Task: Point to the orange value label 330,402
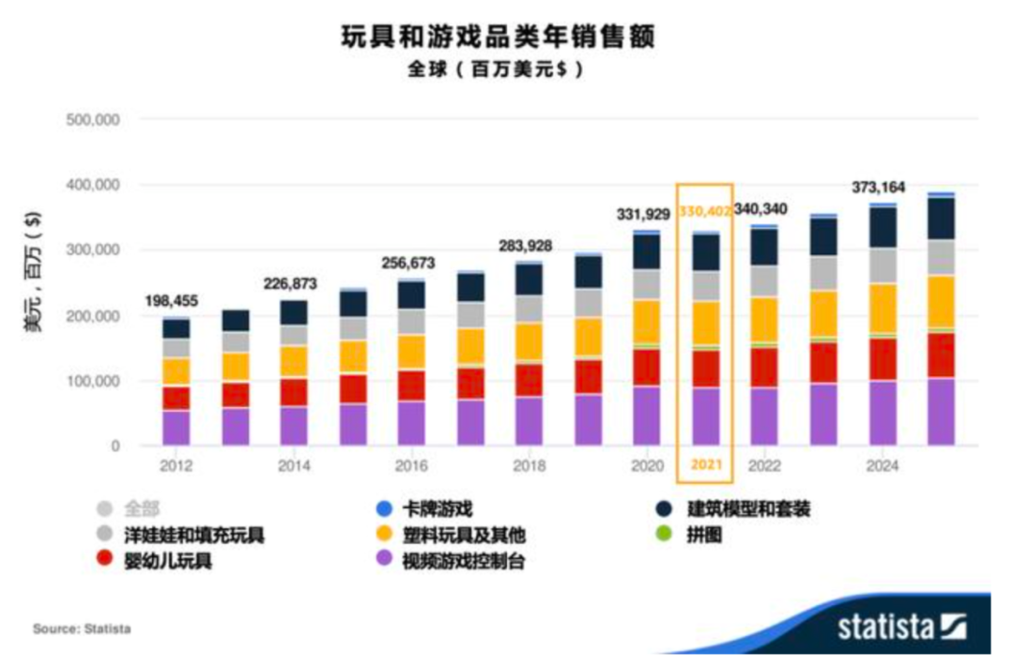[705, 215]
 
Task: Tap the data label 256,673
[410, 264]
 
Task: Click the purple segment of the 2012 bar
[177, 428]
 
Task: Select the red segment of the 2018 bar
[529, 379]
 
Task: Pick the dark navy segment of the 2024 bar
[883, 227]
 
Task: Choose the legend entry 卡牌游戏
[432, 509]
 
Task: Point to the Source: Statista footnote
[82, 628]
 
